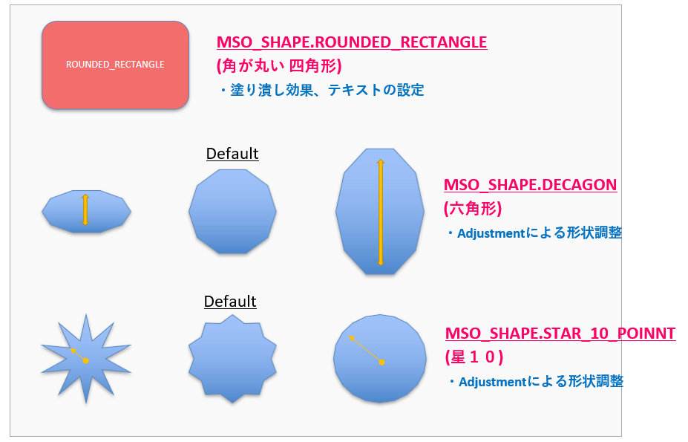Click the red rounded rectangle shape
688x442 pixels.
coord(115,65)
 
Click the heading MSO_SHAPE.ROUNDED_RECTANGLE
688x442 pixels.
coord(352,42)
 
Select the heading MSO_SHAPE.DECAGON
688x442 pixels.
coord(530,185)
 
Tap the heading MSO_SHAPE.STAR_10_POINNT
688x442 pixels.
coord(560,334)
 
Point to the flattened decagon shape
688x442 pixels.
coord(86,211)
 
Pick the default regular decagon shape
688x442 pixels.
coord(232,211)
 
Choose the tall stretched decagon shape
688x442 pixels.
coord(380,211)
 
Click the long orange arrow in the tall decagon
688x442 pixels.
coord(381,212)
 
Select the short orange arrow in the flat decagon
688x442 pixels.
coord(85,210)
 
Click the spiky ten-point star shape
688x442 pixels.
coord(86,359)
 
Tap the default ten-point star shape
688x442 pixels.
coord(232,359)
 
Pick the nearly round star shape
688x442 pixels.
coord(380,359)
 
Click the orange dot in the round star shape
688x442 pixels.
coord(381,362)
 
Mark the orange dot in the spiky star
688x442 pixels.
coord(86,361)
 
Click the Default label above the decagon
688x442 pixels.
coord(232,154)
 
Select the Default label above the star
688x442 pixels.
coord(230,302)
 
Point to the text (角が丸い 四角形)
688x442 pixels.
coord(279,66)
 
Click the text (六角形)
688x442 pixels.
coord(473,208)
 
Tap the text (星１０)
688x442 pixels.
coord(474,357)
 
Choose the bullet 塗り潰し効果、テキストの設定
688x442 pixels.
coord(321,90)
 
